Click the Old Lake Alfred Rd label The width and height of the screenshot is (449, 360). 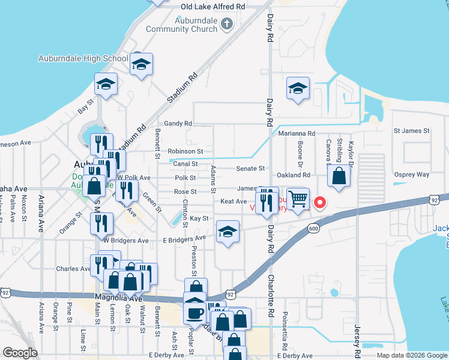[213, 7]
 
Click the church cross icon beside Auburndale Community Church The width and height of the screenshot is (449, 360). [226, 24]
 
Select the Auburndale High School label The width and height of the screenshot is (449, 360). [83, 58]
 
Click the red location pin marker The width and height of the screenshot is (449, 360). [320, 202]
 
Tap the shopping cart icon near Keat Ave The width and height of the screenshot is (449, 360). [298, 199]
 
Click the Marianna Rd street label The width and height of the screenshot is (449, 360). [301, 133]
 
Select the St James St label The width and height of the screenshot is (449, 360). [411, 130]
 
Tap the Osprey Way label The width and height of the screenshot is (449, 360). [411, 175]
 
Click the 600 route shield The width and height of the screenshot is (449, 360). [313, 227]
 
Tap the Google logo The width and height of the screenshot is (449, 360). [20, 353]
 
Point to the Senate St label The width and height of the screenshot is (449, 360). [250, 169]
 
